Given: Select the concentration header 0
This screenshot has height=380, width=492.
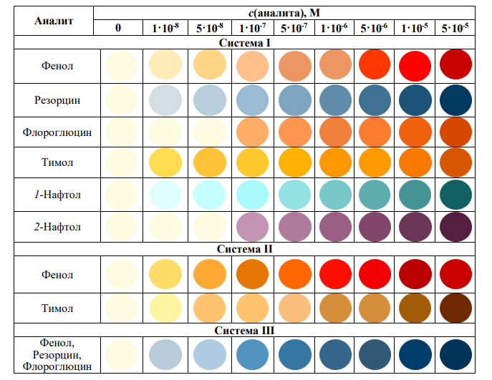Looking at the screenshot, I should (x=120, y=28).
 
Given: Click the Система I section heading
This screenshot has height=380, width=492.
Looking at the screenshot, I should (x=248, y=42).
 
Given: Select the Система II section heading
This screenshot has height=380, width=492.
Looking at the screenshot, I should (x=248, y=250).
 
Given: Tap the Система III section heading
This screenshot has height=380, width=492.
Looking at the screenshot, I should (x=248, y=331).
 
